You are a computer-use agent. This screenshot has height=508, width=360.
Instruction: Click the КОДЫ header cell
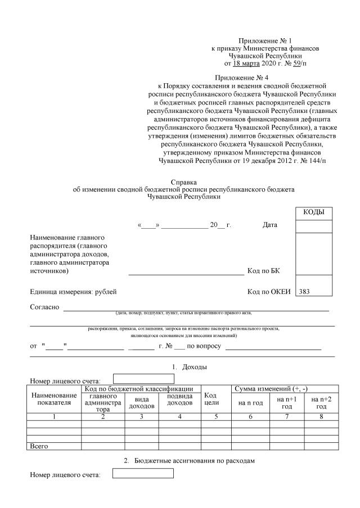point(314,212)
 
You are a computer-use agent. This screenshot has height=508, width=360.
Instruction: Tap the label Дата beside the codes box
point(270,225)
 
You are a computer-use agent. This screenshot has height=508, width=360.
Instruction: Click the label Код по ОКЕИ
point(268,292)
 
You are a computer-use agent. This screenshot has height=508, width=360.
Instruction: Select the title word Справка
point(183,183)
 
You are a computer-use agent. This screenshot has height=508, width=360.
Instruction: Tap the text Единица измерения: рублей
point(73,292)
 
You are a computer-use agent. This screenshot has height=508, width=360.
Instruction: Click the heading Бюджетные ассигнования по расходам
point(190,461)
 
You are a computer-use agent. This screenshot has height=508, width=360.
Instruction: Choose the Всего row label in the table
point(39,446)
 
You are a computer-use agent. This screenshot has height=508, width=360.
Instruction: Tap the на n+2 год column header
point(321,402)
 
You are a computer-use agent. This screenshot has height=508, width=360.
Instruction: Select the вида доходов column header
point(141,402)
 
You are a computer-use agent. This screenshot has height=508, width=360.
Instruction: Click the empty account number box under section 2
point(143,474)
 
